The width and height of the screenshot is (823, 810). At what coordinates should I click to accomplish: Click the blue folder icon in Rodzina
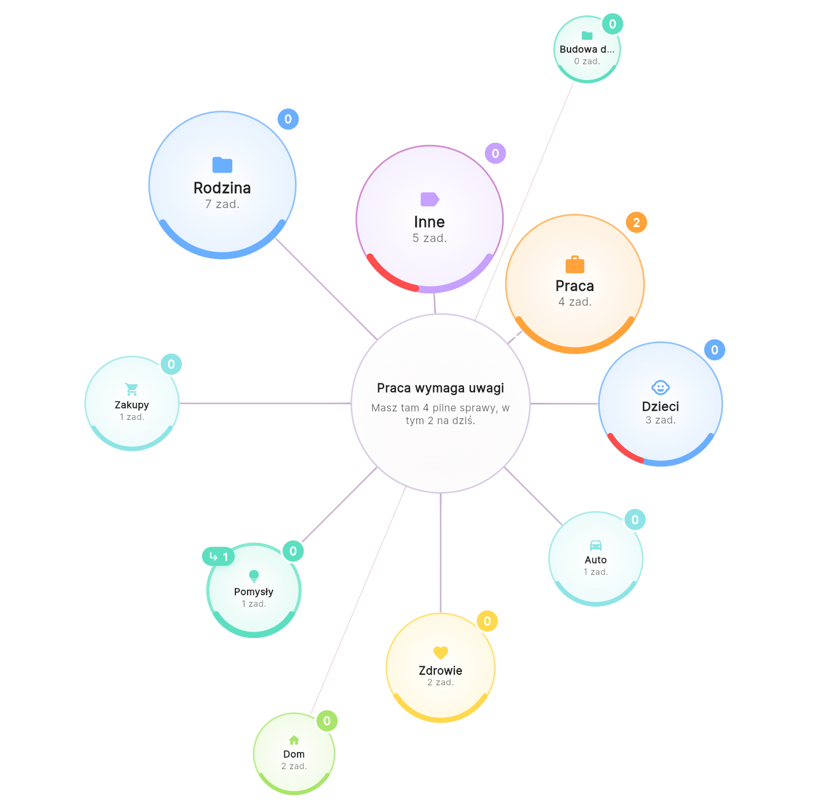(222, 165)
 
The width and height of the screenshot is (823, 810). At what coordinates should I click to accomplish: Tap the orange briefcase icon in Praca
(575, 264)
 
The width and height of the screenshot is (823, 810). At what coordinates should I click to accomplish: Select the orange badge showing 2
(636, 222)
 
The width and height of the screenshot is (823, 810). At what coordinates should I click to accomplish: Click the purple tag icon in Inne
(430, 199)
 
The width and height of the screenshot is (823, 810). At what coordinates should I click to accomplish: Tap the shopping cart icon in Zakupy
(132, 389)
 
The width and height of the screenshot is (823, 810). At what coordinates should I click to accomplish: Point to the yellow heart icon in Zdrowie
(441, 652)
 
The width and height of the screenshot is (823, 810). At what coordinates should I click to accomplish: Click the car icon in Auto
(596, 545)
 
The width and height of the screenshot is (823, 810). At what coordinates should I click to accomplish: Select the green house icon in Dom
(294, 740)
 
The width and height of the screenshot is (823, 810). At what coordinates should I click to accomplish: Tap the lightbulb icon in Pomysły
(254, 576)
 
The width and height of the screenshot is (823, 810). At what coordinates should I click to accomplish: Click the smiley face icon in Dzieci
(660, 387)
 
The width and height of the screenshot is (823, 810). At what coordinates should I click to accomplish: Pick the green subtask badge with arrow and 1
(218, 556)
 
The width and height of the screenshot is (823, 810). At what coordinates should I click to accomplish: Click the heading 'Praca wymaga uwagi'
(441, 388)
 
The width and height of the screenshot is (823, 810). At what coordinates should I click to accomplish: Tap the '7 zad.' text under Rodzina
(222, 204)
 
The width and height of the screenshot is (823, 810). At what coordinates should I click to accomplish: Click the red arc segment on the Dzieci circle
(623, 450)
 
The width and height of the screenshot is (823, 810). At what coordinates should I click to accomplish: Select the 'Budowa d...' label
(587, 49)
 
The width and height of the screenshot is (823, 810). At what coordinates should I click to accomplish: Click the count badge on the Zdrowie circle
(487, 621)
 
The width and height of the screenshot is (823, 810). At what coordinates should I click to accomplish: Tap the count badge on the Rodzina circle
(288, 119)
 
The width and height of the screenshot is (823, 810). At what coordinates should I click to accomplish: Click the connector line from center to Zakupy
(265, 403)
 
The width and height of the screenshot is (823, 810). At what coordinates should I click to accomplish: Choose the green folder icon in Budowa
(587, 36)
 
